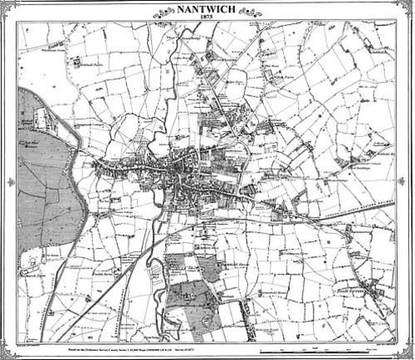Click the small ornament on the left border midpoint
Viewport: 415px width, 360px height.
tap(7, 181)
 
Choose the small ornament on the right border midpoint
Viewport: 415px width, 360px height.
tap(408, 181)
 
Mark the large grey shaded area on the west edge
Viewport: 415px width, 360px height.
tap(46, 182)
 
